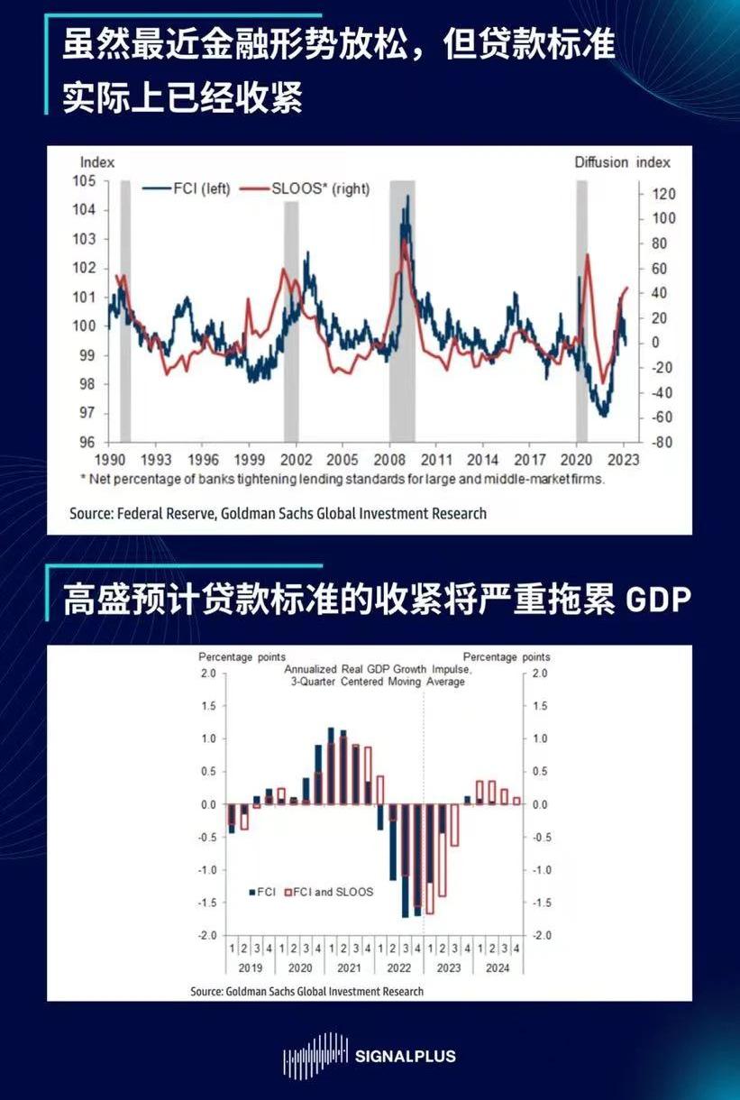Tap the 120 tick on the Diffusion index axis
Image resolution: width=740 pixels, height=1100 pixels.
tap(663, 194)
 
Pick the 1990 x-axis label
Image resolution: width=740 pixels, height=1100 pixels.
tap(108, 458)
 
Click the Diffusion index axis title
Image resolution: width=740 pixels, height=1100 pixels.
tap(622, 162)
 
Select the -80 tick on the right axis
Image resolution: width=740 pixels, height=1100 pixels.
tap(662, 443)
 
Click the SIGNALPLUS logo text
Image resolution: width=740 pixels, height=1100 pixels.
tap(406, 1056)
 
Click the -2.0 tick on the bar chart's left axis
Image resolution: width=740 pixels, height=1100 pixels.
tap(207, 936)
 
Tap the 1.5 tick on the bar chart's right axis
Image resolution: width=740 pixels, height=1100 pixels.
tap(539, 706)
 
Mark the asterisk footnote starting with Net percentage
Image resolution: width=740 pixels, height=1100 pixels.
tap(343, 479)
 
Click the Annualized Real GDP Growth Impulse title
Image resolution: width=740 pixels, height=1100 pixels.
tap(377, 670)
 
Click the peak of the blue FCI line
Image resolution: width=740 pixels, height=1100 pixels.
tap(407, 197)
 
